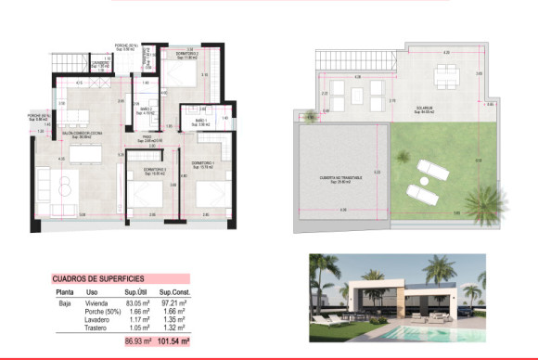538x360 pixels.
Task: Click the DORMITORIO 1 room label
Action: click(205, 163)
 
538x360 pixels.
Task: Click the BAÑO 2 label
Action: click(146, 109)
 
